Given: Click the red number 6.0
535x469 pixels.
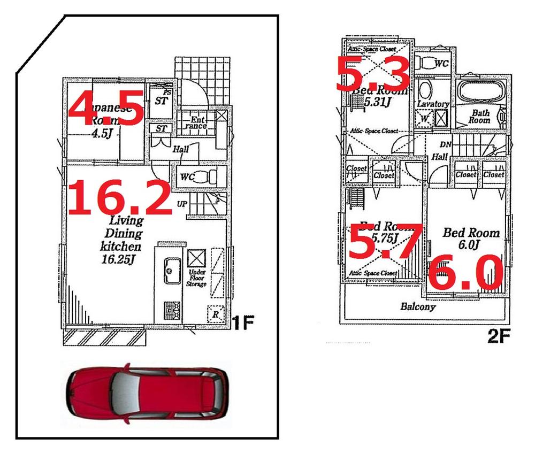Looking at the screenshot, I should (x=465, y=273).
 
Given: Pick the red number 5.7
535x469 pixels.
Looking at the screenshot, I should (x=385, y=242).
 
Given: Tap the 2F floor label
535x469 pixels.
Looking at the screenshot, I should (x=499, y=336).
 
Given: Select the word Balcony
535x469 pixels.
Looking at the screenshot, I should (x=418, y=307).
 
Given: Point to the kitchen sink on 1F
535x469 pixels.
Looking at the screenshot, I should (x=172, y=270).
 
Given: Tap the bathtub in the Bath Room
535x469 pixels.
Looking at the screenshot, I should (x=480, y=91).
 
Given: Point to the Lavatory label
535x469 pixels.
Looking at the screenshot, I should (x=433, y=104).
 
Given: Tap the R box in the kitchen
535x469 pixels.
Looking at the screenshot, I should (x=215, y=314).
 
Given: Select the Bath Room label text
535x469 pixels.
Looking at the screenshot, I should (x=480, y=117).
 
